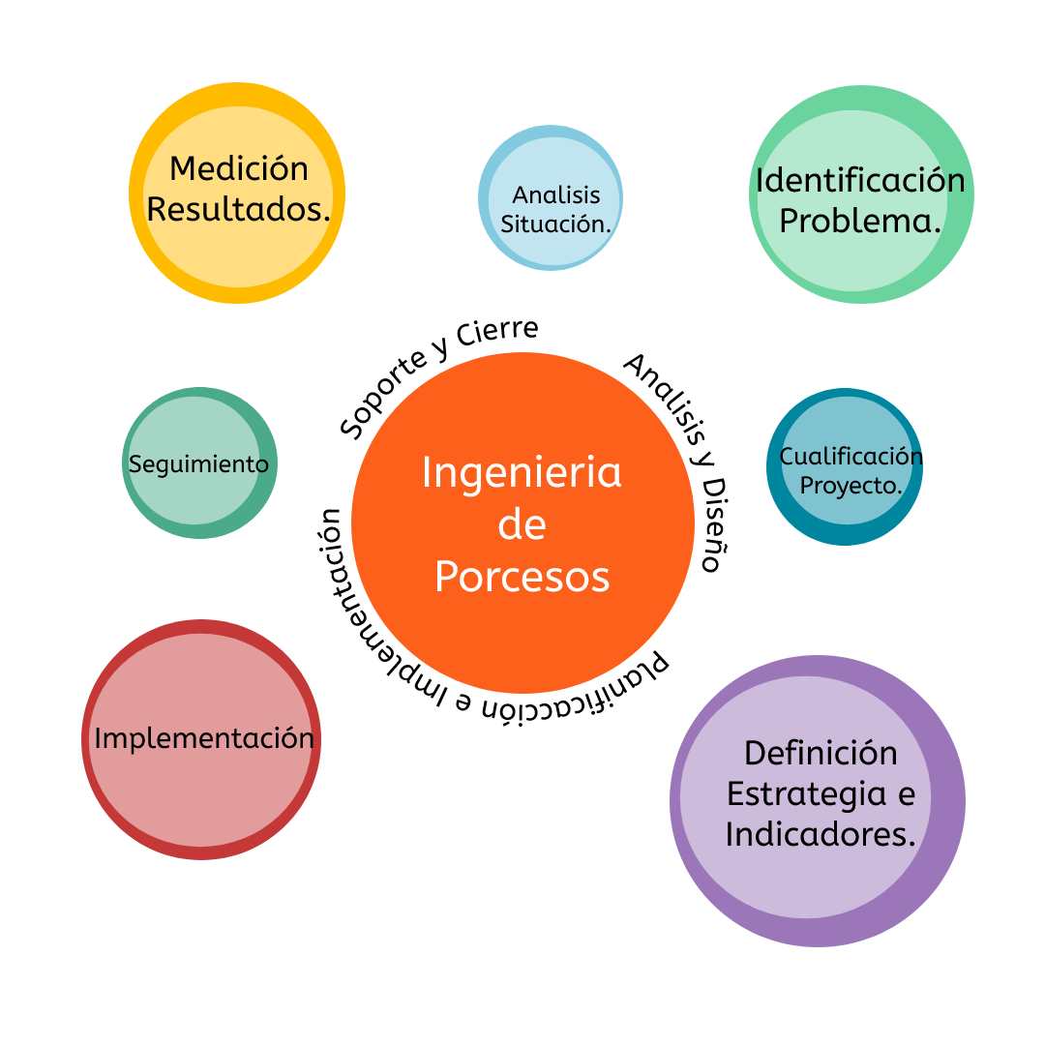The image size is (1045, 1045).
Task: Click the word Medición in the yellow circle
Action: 238,168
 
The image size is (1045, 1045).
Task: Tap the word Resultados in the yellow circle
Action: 237,209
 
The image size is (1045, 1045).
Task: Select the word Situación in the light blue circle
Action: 555,224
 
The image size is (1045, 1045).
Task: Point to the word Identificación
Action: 860,180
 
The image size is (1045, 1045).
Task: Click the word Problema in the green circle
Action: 859,221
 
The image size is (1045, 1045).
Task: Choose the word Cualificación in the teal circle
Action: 851,456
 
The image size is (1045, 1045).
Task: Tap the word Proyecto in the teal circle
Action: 850,485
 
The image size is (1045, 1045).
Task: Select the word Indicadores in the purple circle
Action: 819,834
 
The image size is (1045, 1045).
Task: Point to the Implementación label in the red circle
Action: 204,738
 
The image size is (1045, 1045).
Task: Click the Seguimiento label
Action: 198,463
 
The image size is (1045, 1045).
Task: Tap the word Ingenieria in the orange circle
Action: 522,473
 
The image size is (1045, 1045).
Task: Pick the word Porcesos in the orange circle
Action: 522,577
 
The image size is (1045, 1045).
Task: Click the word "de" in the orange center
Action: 522,524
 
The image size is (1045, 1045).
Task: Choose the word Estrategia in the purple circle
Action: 821,793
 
